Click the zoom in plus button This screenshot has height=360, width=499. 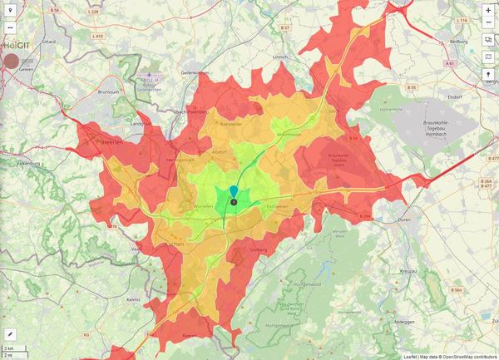[488, 10]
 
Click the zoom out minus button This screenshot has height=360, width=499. [488, 22]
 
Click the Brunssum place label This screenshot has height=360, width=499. [109, 91]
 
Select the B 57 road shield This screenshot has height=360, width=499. [284, 27]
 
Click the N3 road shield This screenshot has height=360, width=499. [86, 334]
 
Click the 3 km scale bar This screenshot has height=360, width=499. [12, 347]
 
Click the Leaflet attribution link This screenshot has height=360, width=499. [410, 356]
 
